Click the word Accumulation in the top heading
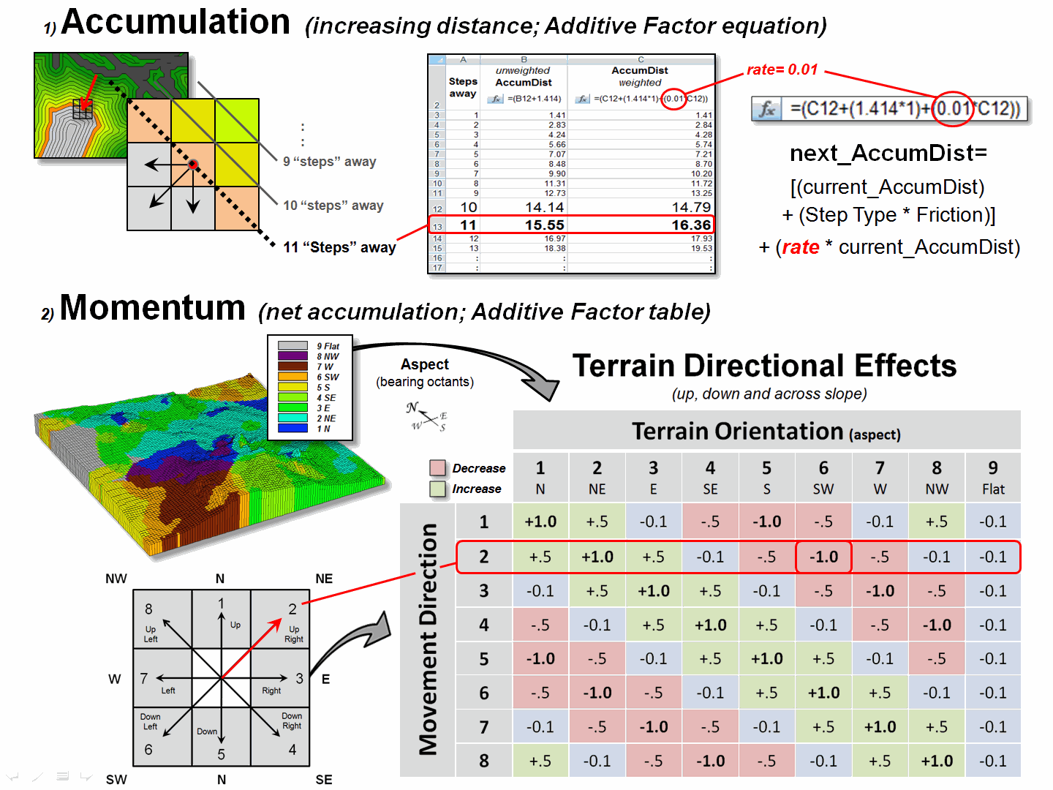[x=175, y=22]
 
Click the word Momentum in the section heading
[x=152, y=308]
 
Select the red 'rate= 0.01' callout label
[x=782, y=69]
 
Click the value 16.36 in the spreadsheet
[x=691, y=225]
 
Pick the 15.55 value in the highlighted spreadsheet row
[x=545, y=225]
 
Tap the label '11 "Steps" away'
[x=339, y=247]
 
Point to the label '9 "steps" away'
[x=330, y=162]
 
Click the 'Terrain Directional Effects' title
[x=764, y=366]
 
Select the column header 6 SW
[x=823, y=478]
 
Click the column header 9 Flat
[x=993, y=478]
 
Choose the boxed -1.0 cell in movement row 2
[x=823, y=557]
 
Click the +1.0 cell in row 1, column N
[x=540, y=522]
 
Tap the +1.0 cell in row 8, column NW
[x=937, y=761]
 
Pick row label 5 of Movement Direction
[x=484, y=659]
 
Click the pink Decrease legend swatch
[x=438, y=468]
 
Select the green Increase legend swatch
[x=438, y=489]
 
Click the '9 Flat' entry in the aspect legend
[x=328, y=346]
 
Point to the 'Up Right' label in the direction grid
[x=294, y=634]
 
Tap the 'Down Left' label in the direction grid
[x=150, y=722]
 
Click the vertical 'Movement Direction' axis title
[x=429, y=639]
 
